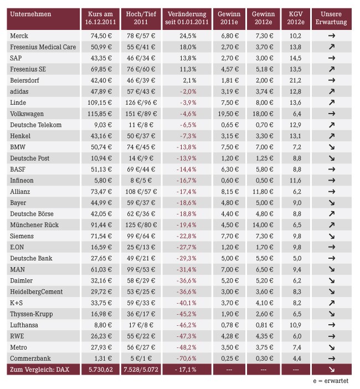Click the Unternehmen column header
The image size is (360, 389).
point(30,14)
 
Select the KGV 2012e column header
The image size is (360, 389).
point(296,18)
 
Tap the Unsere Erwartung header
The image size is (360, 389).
point(331,18)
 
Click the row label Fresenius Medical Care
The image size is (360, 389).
point(43,47)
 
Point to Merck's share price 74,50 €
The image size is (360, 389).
point(101,36)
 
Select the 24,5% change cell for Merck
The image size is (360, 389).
point(188,36)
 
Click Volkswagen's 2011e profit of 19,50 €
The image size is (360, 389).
point(228,114)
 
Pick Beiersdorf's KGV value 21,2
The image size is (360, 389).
point(295,80)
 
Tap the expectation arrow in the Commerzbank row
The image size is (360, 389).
point(332,359)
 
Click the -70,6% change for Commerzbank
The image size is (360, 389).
point(187,359)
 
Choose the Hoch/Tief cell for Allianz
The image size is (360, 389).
point(141,192)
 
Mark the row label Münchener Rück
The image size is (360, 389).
point(34,225)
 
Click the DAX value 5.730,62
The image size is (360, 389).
point(101,370)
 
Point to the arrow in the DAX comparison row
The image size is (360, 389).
point(332,370)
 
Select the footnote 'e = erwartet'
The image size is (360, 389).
point(331,381)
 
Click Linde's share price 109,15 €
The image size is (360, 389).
point(100,103)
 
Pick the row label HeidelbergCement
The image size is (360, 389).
point(36,291)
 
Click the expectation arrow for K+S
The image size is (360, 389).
point(332,303)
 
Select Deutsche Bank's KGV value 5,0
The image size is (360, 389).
point(297,259)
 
